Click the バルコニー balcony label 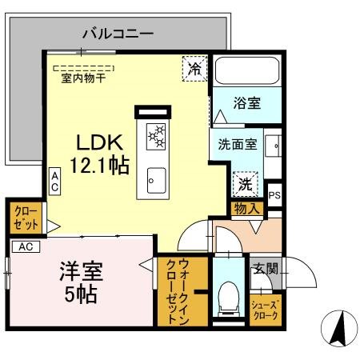(x=118, y=34)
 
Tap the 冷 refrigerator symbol (x=194, y=68)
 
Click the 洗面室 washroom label (x=238, y=145)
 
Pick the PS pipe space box (x=274, y=194)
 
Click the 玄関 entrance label (x=266, y=270)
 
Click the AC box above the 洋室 (x=25, y=246)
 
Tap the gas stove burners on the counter (x=156, y=138)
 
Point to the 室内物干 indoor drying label (x=82, y=78)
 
